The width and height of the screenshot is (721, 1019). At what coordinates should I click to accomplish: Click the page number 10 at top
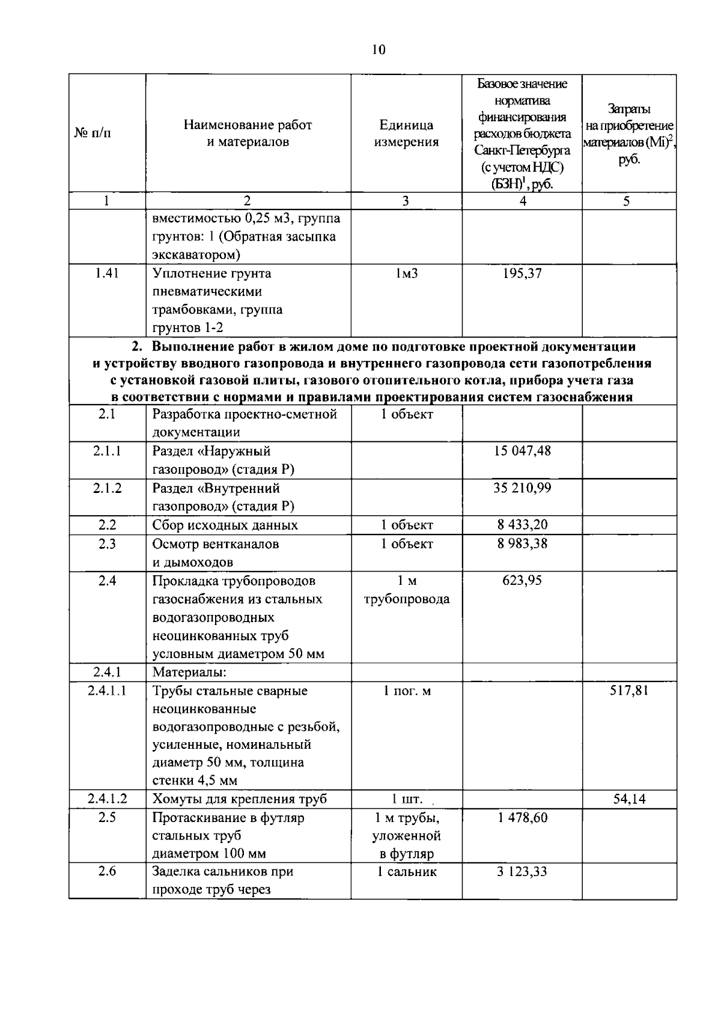click(378, 50)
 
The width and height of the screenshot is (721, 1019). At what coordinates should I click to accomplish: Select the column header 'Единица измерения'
click(406, 133)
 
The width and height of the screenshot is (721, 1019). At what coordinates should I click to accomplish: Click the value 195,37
click(522, 273)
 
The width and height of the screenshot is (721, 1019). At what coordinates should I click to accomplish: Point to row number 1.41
click(107, 273)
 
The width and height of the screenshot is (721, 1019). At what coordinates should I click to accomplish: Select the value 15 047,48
click(522, 450)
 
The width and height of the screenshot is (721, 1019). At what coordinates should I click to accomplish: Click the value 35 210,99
click(522, 488)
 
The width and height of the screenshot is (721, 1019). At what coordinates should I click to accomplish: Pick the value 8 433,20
click(522, 524)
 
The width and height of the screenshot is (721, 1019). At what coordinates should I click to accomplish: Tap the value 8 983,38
click(522, 543)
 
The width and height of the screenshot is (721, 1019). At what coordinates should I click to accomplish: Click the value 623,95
click(522, 580)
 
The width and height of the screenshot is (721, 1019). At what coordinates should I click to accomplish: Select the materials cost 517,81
click(629, 690)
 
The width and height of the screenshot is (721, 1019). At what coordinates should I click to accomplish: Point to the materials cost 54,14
click(629, 799)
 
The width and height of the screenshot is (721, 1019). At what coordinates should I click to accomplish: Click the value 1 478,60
click(522, 817)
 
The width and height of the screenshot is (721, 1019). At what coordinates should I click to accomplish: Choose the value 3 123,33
click(522, 871)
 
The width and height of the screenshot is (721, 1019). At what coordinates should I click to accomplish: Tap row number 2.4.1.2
click(107, 799)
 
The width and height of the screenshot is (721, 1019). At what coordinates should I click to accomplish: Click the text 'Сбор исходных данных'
click(225, 525)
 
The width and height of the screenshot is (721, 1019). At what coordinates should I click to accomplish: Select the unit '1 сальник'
click(406, 872)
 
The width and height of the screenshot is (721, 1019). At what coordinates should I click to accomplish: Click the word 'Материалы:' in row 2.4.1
click(189, 672)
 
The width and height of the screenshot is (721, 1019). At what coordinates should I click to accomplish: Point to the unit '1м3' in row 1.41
click(406, 274)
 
